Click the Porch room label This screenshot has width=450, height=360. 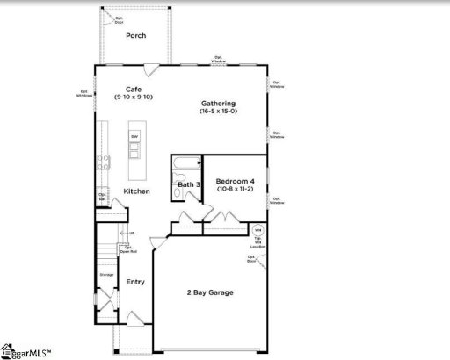point(135,36)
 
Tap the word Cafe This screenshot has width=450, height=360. point(134,90)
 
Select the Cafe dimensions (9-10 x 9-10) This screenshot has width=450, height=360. point(134,98)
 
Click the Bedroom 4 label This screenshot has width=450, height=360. point(236,181)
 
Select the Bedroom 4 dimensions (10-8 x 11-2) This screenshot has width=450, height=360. point(236,190)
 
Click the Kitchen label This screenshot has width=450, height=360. point(136,191)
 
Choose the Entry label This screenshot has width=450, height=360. point(135,282)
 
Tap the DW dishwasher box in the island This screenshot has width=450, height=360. point(134,137)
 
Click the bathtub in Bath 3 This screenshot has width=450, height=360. point(185,164)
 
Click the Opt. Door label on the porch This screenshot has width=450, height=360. point(107,17)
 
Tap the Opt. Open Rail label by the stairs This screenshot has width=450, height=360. point(128,248)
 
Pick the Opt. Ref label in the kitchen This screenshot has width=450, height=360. point(102,198)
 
